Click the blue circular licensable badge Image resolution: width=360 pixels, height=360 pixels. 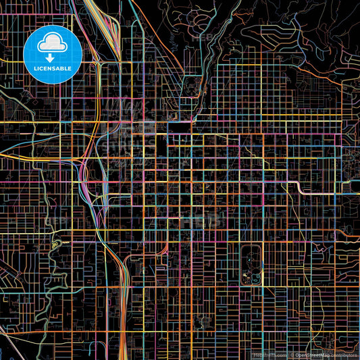point(53,54)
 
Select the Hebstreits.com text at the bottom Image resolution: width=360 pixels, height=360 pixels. point(269,355)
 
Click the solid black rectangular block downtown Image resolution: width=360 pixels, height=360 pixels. point(180,127)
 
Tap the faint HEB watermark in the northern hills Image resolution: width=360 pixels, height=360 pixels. point(203,37)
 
